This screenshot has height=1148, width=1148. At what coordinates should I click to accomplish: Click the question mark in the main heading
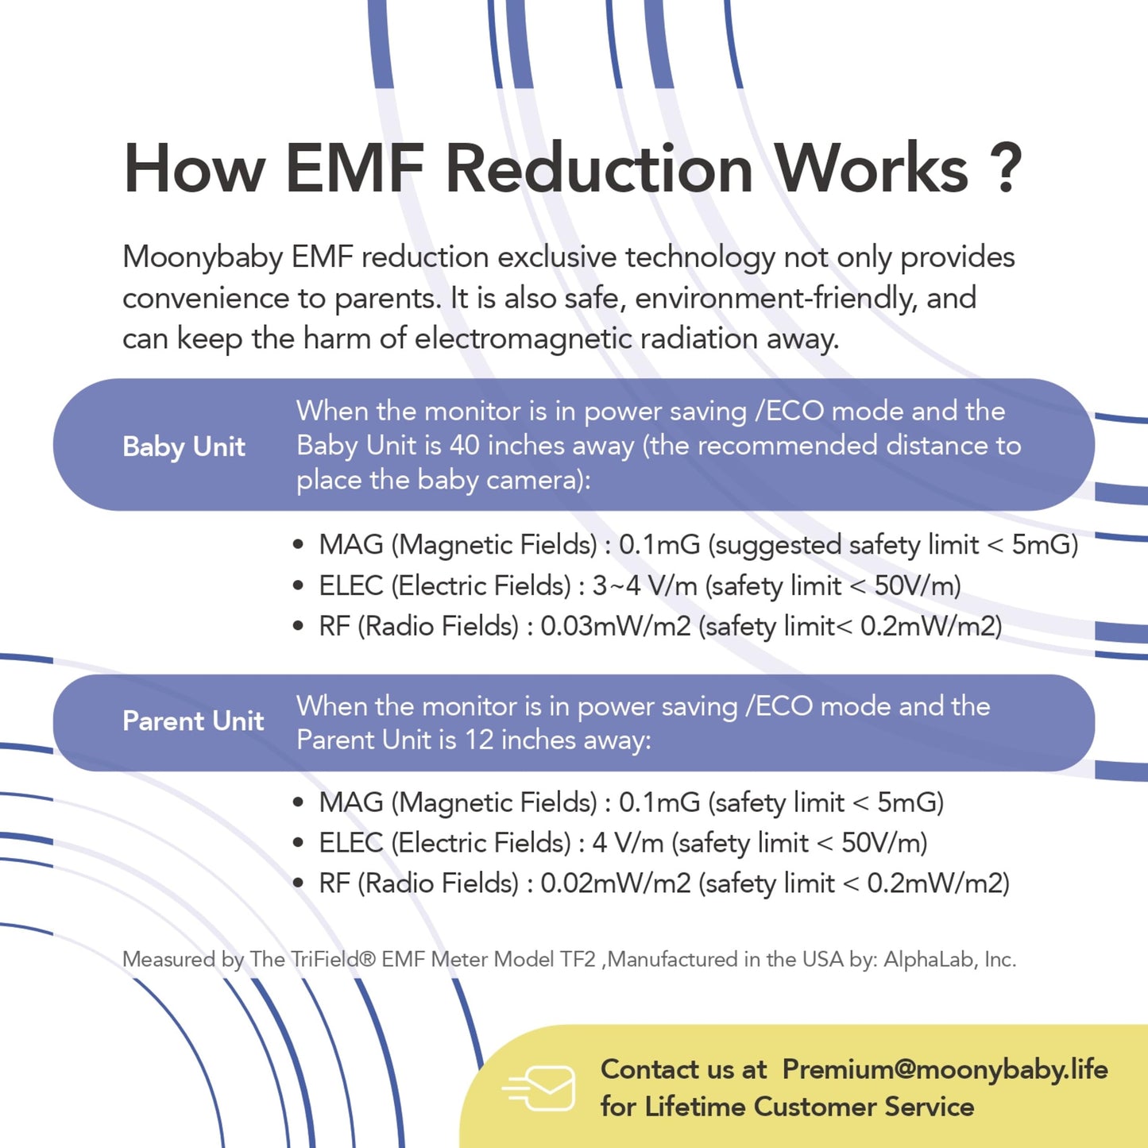pyautogui.click(x=1007, y=169)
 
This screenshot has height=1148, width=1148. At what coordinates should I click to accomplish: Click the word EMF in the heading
pyautogui.click(x=354, y=169)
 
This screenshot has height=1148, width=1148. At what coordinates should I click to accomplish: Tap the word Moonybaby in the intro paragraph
pyautogui.click(x=203, y=258)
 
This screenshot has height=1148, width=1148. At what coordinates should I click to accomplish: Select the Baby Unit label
pyautogui.click(x=184, y=446)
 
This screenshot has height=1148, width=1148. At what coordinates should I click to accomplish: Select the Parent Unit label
pyautogui.click(x=193, y=721)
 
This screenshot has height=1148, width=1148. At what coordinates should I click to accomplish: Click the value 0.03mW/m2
pyautogui.click(x=616, y=626)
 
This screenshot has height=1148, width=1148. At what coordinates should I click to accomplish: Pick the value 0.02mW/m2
pyautogui.click(x=616, y=883)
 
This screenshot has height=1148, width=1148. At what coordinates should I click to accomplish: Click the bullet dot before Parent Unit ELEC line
pyautogui.click(x=299, y=843)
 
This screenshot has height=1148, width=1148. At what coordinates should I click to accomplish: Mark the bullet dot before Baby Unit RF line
pyautogui.click(x=299, y=626)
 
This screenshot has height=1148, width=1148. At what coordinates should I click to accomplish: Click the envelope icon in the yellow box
pyautogui.click(x=539, y=1088)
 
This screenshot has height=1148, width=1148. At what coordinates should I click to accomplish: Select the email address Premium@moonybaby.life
pyautogui.click(x=945, y=1070)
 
